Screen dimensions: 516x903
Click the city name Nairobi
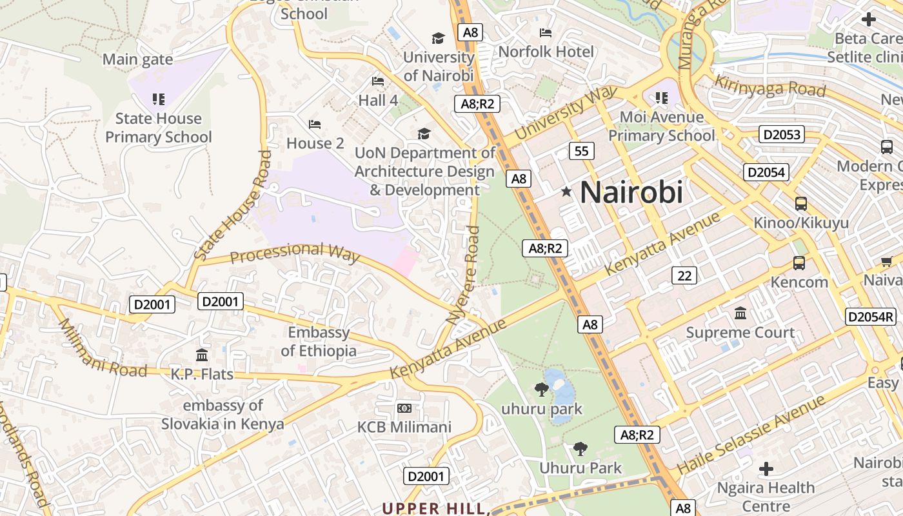pos(631,192)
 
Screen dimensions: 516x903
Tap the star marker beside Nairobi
pos(566,192)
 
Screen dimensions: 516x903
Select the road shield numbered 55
pos(581,151)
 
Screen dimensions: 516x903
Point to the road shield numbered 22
pos(684,275)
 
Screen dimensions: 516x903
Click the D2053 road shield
pos(781,134)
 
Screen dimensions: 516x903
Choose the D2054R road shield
pos(871,317)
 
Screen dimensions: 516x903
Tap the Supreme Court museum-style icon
pos(740,313)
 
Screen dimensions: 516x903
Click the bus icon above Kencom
pos(799,263)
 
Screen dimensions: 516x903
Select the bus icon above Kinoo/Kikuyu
pos(800,204)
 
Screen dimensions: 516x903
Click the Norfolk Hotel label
pos(546,51)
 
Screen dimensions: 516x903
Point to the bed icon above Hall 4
pos(378,81)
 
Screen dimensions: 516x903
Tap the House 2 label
pos(315,143)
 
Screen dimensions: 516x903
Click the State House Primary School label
pos(159,128)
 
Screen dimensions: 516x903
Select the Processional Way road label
pos(295,252)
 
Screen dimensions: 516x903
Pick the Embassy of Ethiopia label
pos(319,342)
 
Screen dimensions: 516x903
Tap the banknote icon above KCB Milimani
pos(404,408)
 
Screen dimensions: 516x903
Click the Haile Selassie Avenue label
pos(751,435)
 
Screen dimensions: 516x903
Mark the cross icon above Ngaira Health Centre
pos(766,469)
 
